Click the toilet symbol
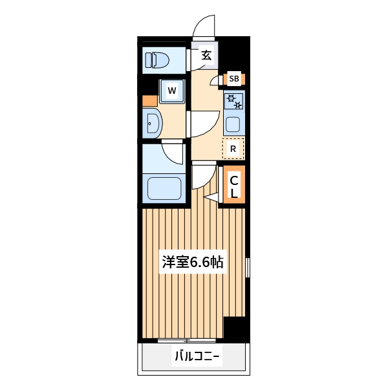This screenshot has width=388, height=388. coord(156,60)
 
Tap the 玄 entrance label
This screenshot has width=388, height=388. coord(206,56)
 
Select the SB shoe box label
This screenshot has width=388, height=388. coord(234,79)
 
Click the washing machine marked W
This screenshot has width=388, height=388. coord(172,91)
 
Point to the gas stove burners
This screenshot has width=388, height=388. coord(234,101)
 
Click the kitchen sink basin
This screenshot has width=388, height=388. coord(233,124)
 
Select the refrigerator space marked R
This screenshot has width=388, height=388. coord(233,149)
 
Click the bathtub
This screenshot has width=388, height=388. coord(164,189)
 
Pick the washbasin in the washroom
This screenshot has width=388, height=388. coord(152,123)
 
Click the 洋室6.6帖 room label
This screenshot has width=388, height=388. coord(193,262)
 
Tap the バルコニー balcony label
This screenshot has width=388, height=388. coord(197,356)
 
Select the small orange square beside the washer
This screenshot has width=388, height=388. coord(150,102)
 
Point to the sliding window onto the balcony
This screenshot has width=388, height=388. coord(187,341)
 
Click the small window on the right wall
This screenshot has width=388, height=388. coord(248,267)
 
